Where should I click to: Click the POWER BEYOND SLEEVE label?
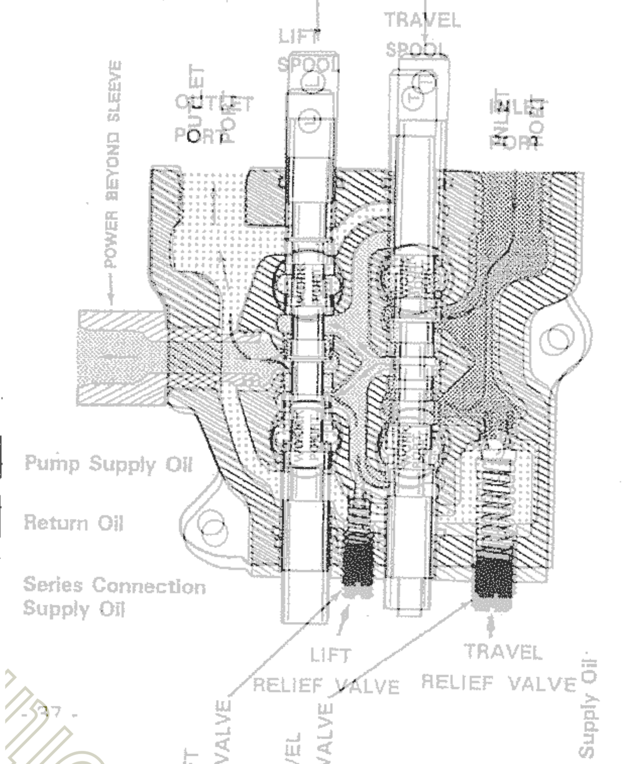pyautogui.click(x=113, y=163)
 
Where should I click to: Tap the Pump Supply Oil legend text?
pyautogui.click(x=108, y=464)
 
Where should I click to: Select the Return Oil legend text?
pyautogui.click(x=74, y=522)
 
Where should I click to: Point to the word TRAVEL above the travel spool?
pyautogui.click(x=422, y=20)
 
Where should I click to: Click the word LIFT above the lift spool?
pyautogui.click(x=299, y=37)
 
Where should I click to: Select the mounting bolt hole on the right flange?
pyautogui.click(x=556, y=340)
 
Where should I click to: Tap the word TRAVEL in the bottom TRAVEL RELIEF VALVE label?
pyautogui.click(x=503, y=652)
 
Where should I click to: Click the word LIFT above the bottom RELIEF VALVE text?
pyautogui.click(x=330, y=655)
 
